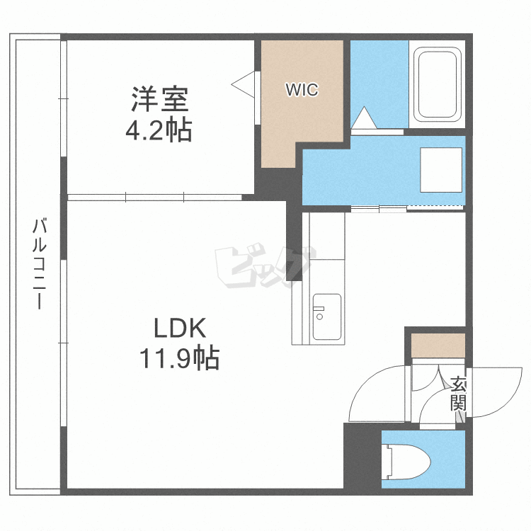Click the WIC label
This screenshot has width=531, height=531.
tap(302, 90)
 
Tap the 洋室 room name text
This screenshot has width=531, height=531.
tap(159, 100)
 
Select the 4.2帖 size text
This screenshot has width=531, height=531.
tap(159, 130)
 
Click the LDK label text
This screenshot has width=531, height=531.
tap(179, 328)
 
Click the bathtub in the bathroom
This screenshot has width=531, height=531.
tap(437, 84)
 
